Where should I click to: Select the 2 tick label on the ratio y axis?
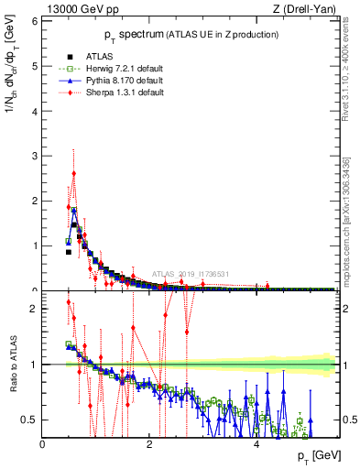34,309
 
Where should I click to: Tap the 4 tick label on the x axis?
256,444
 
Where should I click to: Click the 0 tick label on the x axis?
43,444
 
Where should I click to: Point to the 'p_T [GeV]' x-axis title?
316,455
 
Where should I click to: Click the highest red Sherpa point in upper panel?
74,173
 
